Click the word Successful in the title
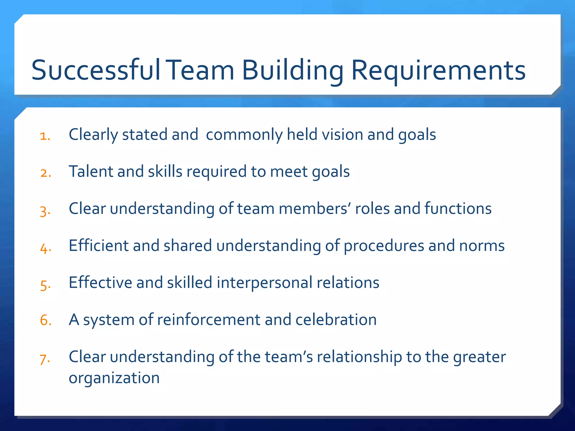click(95, 70)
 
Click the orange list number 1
click(45, 136)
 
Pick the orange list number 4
click(45, 248)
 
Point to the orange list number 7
click(45, 359)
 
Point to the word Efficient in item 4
click(99, 246)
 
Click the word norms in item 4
click(482, 246)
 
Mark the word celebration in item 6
click(336, 320)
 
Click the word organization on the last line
click(114, 378)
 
